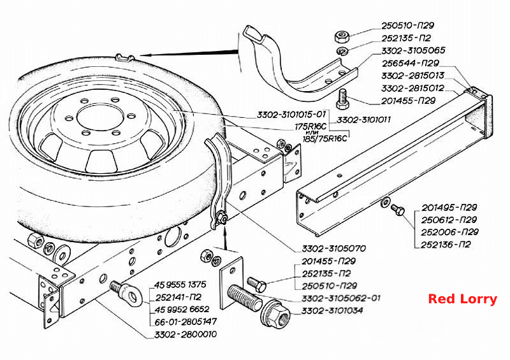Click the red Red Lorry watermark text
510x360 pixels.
coord(463,299)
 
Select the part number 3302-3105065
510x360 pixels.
coord(413,51)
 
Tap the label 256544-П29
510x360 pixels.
coord(411,63)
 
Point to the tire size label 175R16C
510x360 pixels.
coord(310,126)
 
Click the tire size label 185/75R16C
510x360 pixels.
coord(325,139)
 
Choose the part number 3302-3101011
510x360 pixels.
coord(363,120)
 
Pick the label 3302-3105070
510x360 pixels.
coord(334,248)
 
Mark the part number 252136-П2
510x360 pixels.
coord(446,245)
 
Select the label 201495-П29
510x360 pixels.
coord(449,208)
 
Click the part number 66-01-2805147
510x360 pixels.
coord(186,322)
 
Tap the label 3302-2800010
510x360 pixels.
coord(186,335)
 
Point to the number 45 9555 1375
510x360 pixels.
coord(180,285)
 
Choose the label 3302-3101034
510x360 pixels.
coord(332,310)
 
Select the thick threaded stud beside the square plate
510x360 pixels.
coord(245,298)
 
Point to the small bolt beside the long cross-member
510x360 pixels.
coord(397,209)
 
